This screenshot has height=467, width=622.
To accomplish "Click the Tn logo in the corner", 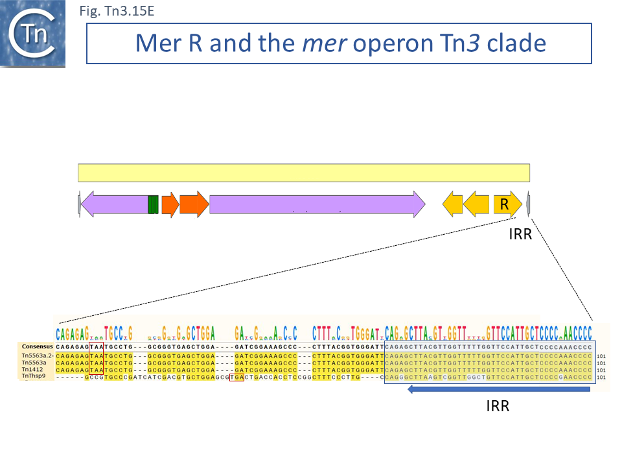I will pos(32,34).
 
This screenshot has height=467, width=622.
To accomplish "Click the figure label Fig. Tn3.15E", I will pos(116,11).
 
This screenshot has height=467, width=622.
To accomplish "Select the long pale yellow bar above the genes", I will pos(304,173).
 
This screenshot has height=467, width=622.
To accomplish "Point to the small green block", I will pos(153,204).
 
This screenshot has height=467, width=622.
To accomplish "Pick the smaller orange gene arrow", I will pos(170,204).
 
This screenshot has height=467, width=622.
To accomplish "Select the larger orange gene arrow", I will pos(194,204).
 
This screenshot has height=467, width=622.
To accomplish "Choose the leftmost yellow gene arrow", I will pos(453,204).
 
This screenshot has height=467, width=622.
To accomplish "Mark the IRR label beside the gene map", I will pos(520,234).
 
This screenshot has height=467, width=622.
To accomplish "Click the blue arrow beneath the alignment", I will pos(500,389).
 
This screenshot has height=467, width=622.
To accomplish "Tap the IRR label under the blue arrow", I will pos(498,406).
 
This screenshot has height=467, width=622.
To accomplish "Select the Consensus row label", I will pos(37,347).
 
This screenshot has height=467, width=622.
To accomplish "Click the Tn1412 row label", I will pos(31,369).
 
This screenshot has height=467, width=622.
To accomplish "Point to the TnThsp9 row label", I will pos(33,376).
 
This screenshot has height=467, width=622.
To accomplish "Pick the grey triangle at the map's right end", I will pos(529,204).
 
